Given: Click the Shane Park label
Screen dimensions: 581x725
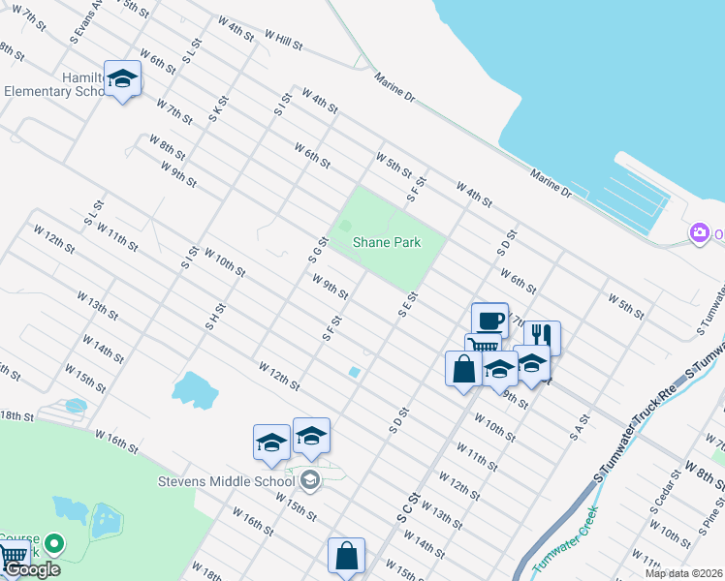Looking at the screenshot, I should pos(387,242).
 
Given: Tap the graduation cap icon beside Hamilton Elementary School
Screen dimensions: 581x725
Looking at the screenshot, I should pos(122,77).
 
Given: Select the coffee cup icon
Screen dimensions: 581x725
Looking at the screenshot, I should pos(489,321).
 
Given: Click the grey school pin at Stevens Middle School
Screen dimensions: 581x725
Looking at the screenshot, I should pos(310,479).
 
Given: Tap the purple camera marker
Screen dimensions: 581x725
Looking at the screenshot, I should pos(699,232).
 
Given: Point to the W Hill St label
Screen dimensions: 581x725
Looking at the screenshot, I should pos(283,39).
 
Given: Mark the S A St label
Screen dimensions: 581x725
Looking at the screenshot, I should pos(580,427).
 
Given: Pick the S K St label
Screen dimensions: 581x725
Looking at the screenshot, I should pos(216,107).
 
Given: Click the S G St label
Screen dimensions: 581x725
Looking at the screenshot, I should pos(314,251).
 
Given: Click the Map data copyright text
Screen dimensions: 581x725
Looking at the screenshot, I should pos(683,573).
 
